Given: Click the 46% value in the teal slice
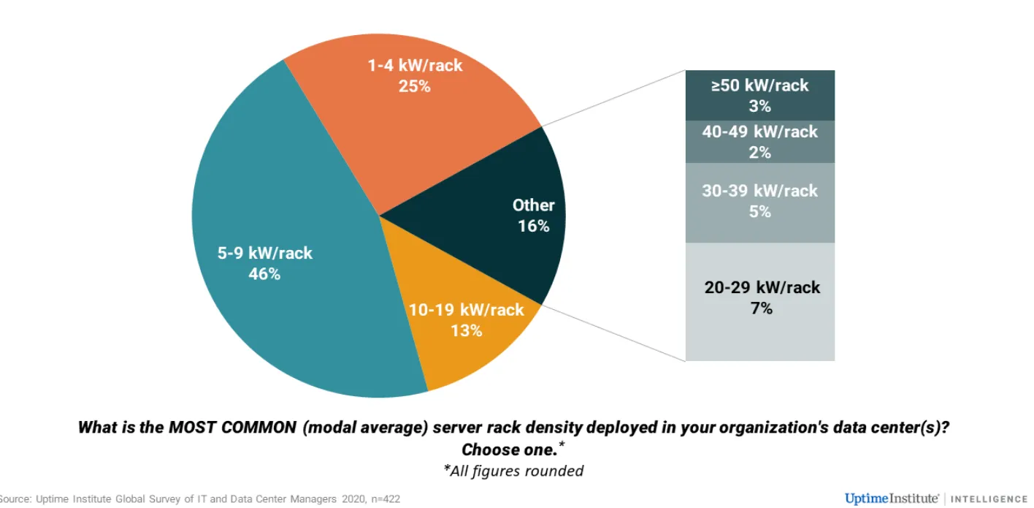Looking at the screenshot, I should pyautogui.click(x=264, y=274).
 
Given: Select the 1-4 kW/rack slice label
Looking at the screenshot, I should pyautogui.click(x=415, y=65).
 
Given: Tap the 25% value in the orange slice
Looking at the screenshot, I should pyautogui.click(x=415, y=86).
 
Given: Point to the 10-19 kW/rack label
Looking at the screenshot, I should pyautogui.click(x=467, y=310).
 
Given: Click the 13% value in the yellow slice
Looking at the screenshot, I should pyautogui.click(x=467, y=330).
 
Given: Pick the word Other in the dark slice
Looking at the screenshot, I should pyautogui.click(x=533, y=205).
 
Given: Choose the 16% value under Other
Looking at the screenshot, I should pyautogui.click(x=533, y=226).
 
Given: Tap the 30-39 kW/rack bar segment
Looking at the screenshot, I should pyautogui.click(x=760, y=202).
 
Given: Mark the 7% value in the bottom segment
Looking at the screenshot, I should pyautogui.click(x=761, y=308).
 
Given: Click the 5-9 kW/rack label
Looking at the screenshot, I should pyautogui.click(x=264, y=254).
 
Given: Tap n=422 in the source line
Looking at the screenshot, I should pyautogui.click(x=382, y=499).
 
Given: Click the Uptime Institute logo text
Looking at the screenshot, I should pyautogui.click(x=892, y=498).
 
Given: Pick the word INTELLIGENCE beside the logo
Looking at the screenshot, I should pyautogui.click(x=992, y=499).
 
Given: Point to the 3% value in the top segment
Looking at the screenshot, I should pyautogui.click(x=760, y=106).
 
